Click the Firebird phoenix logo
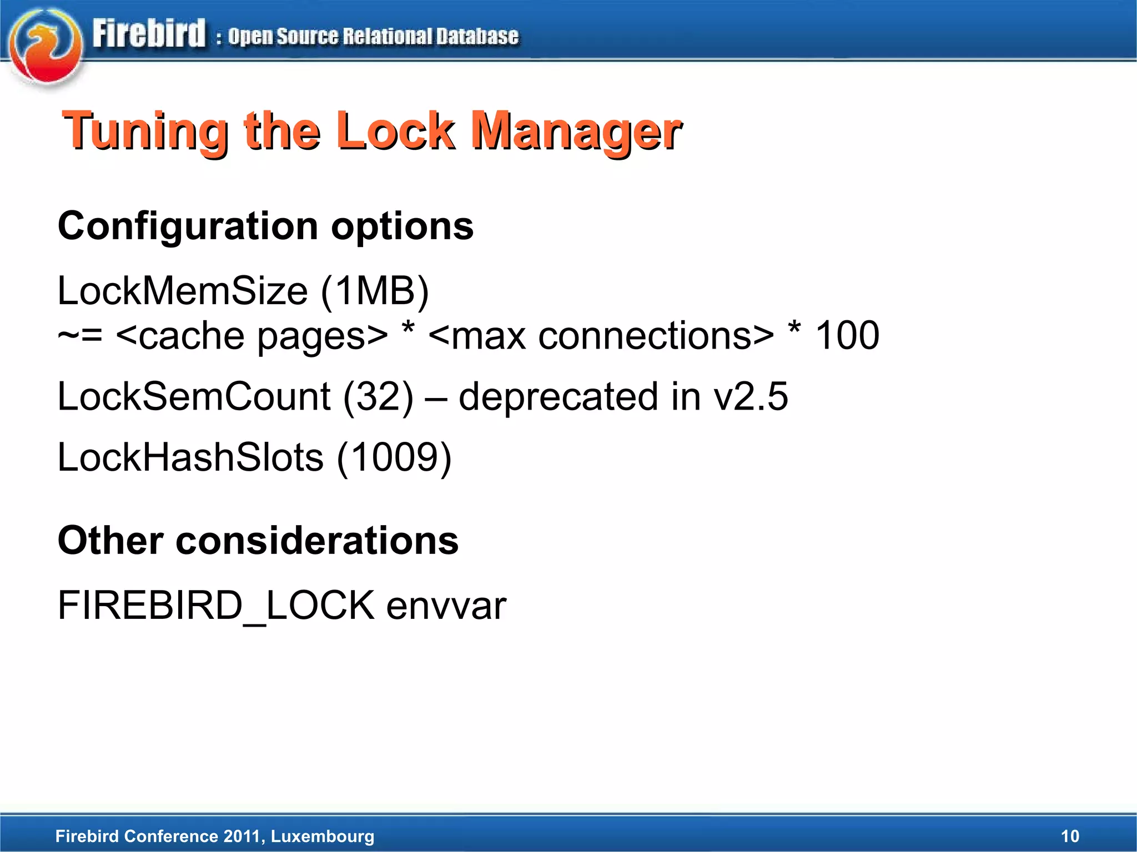point(46,47)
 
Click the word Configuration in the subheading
point(188,226)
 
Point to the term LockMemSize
point(183,291)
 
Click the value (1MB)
point(375,291)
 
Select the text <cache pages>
point(251,336)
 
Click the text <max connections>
point(601,336)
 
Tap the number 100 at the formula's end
point(847,336)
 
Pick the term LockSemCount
point(194,396)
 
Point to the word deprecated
point(559,396)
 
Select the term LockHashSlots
point(190,457)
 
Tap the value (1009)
point(394,457)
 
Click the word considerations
point(317,541)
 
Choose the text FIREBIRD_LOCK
point(217,606)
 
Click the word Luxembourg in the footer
point(323,836)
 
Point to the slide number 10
point(1070,836)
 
